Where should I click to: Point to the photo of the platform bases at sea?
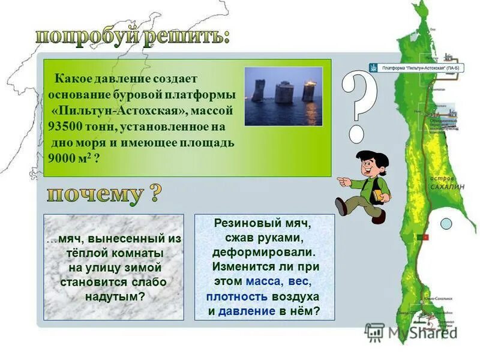(x=283, y=96)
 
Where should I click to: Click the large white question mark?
(x=358, y=105)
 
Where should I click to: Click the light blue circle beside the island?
(x=446, y=224)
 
